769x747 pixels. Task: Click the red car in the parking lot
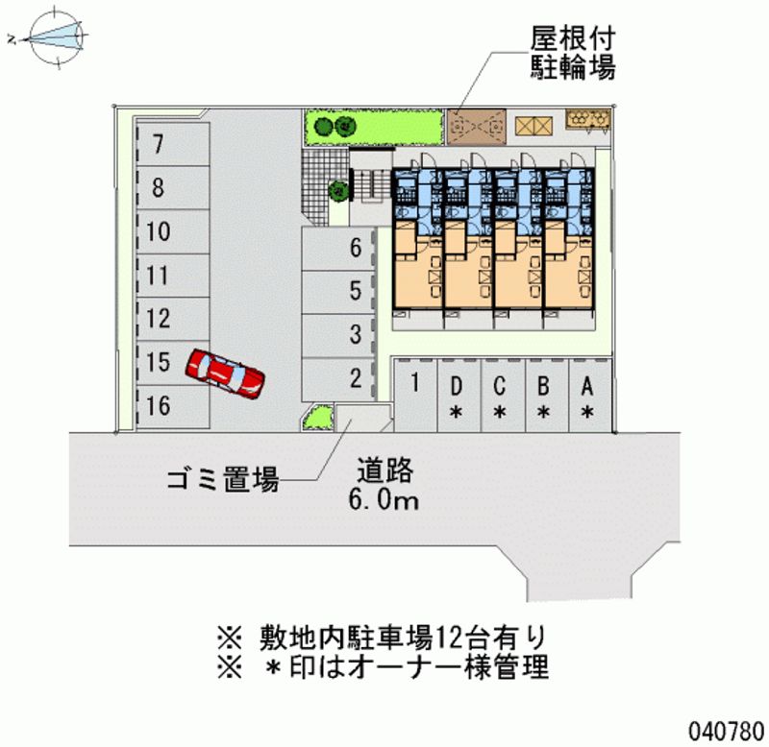tap(226, 373)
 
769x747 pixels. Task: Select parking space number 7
tap(159, 145)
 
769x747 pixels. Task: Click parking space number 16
tap(160, 405)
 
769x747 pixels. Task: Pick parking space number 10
tap(160, 231)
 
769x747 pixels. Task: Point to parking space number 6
tap(356, 249)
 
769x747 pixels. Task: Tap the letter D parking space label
tap(458, 387)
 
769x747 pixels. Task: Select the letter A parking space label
tap(586, 387)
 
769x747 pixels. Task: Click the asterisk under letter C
tap(500, 413)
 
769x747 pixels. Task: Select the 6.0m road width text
tap(384, 499)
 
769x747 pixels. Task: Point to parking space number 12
tap(160, 318)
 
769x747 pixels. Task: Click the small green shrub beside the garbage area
tap(317, 417)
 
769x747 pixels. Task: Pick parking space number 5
tap(356, 290)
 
